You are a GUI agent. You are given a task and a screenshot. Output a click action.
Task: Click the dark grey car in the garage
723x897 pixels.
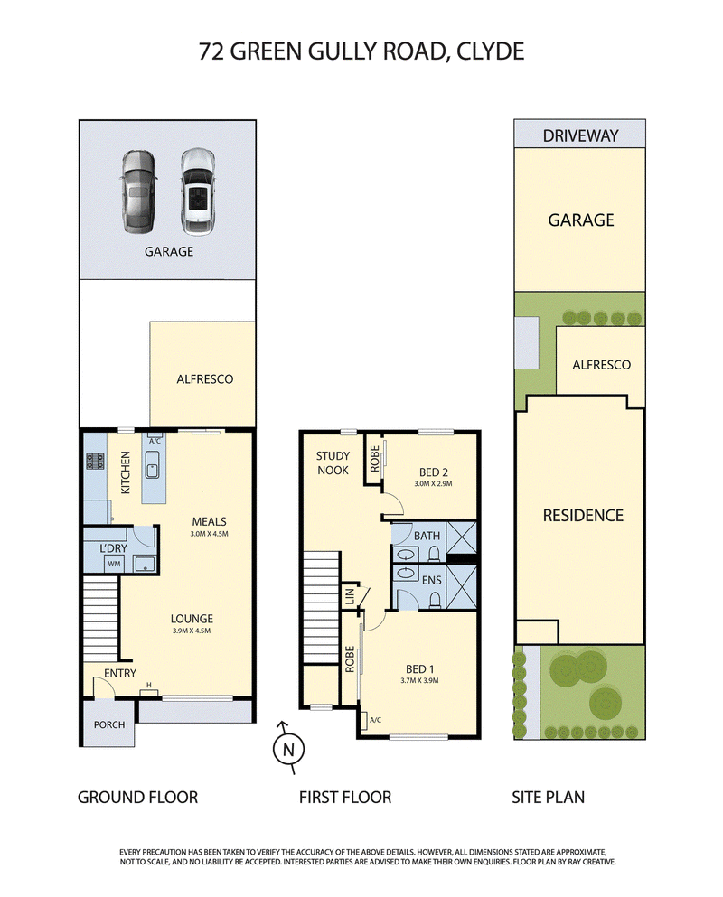click(137, 192)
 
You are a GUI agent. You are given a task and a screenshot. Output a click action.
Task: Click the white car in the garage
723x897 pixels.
click(196, 192)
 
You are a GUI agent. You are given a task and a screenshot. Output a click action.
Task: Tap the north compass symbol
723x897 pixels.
click(288, 748)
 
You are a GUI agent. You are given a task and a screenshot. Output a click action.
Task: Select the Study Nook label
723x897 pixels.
click(333, 463)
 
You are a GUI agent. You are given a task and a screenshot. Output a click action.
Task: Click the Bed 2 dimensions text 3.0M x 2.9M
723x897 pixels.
click(433, 483)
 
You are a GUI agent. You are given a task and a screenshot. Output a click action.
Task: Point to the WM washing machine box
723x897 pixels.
click(115, 564)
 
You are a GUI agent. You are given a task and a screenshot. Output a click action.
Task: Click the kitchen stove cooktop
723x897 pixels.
click(96, 461)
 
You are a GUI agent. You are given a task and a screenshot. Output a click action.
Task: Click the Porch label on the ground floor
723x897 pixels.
click(108, 724)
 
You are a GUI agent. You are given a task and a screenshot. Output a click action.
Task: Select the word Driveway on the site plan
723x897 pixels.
click(580, 135)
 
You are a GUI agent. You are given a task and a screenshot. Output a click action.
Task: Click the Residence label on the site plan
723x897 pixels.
click(583, 516)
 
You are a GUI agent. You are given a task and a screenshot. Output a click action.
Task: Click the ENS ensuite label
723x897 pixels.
click(432, 580)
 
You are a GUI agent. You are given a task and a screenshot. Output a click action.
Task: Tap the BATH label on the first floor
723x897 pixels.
click(427, 536)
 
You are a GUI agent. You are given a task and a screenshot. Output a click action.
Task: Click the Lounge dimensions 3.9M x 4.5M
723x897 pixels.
click(192, 631)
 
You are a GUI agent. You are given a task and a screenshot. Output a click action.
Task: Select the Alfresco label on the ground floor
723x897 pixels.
click(205, 378)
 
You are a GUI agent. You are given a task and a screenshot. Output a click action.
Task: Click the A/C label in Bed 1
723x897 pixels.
click(376, 720)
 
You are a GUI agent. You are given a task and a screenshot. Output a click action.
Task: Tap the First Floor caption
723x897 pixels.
click(345, 797)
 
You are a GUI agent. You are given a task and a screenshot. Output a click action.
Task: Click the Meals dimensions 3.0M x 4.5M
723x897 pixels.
click(210, 534)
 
